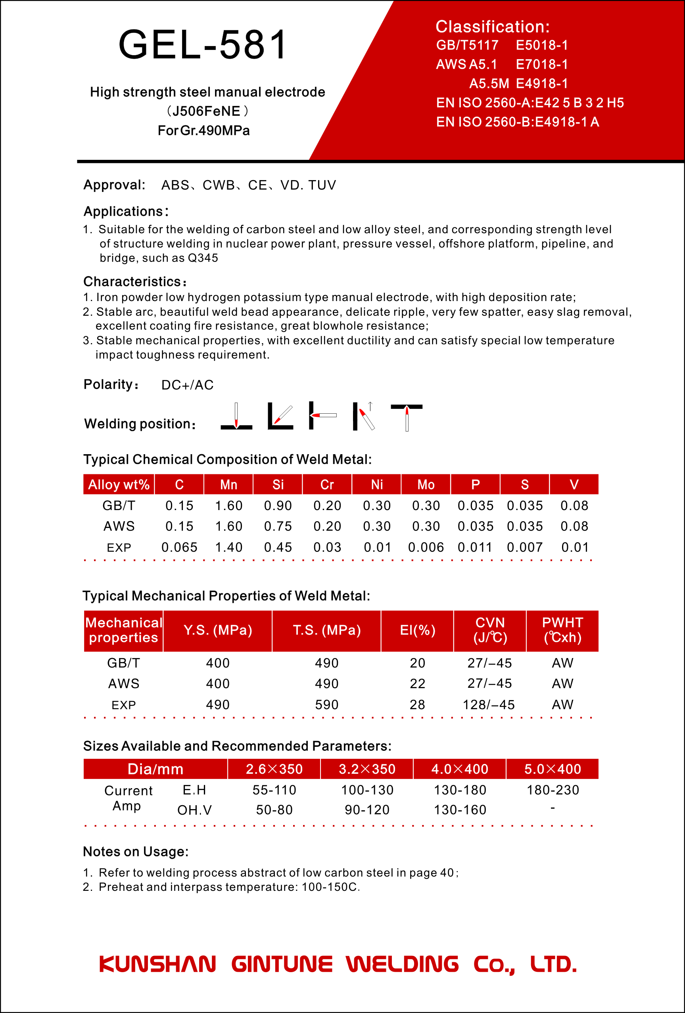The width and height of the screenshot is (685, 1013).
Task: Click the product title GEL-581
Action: coord(203,44)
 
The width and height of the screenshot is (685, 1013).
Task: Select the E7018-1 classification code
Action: coord(542,65)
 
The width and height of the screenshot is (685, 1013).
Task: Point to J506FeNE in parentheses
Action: coord(206,111)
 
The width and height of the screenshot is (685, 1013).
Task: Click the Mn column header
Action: coord(228,485)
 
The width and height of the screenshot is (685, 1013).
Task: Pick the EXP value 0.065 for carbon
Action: coord(179,547)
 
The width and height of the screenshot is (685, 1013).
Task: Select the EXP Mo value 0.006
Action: coord(426,547)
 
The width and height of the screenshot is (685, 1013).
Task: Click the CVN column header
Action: coord(490,630)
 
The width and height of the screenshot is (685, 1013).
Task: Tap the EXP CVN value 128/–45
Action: coord(489,704)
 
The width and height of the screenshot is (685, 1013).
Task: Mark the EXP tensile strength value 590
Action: coord(326,704)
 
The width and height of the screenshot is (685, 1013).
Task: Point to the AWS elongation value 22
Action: coord(417,683)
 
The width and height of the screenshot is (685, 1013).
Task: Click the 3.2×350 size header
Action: coord(367,769)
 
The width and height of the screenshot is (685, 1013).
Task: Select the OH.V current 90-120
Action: coord(367,810)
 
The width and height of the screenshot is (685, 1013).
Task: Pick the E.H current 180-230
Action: coord(553,790)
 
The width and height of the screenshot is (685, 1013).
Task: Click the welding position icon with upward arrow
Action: coord(364,416)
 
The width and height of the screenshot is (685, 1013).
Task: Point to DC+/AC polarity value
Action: coord(188,385)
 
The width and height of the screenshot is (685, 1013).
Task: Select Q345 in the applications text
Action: coord(203,258)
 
